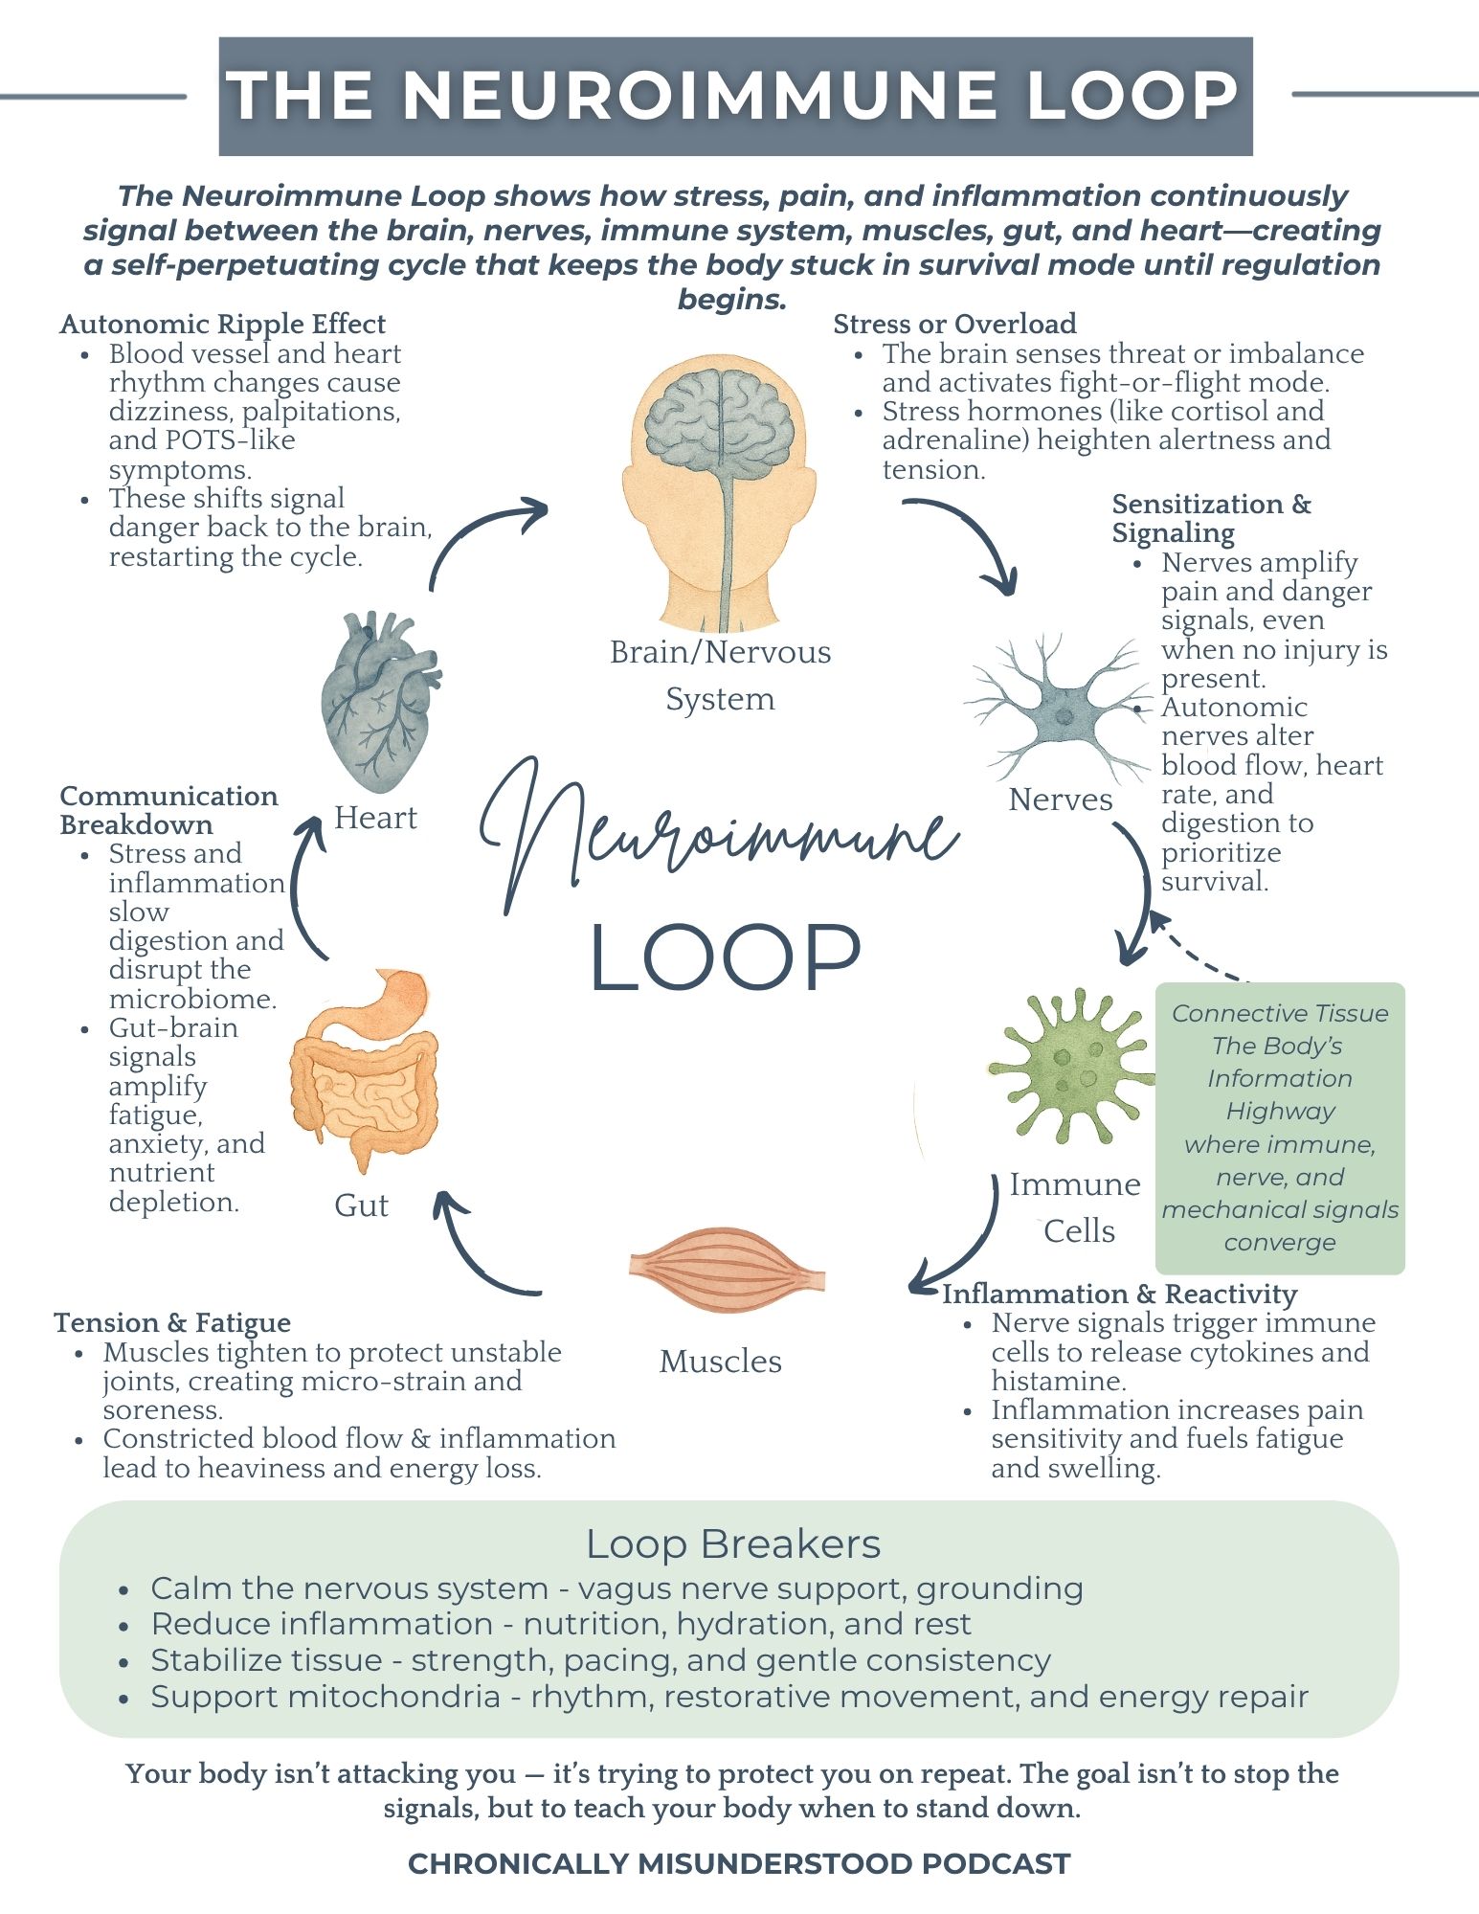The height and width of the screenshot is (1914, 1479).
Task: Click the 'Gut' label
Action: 361,1205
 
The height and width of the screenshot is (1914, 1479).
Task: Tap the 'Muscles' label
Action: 720,1362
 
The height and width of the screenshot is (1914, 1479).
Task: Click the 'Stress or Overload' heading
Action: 954,324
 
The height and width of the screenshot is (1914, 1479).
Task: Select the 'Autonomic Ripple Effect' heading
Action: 222,324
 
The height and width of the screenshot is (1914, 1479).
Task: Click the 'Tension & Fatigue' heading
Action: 172,1322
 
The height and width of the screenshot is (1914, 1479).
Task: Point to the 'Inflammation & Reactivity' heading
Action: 1119,1294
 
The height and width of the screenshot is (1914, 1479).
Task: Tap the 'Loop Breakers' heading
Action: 733,1544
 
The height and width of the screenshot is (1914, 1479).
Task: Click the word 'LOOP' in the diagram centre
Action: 725,957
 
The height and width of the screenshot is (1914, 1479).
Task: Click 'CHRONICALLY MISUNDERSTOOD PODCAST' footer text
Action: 739,1863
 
